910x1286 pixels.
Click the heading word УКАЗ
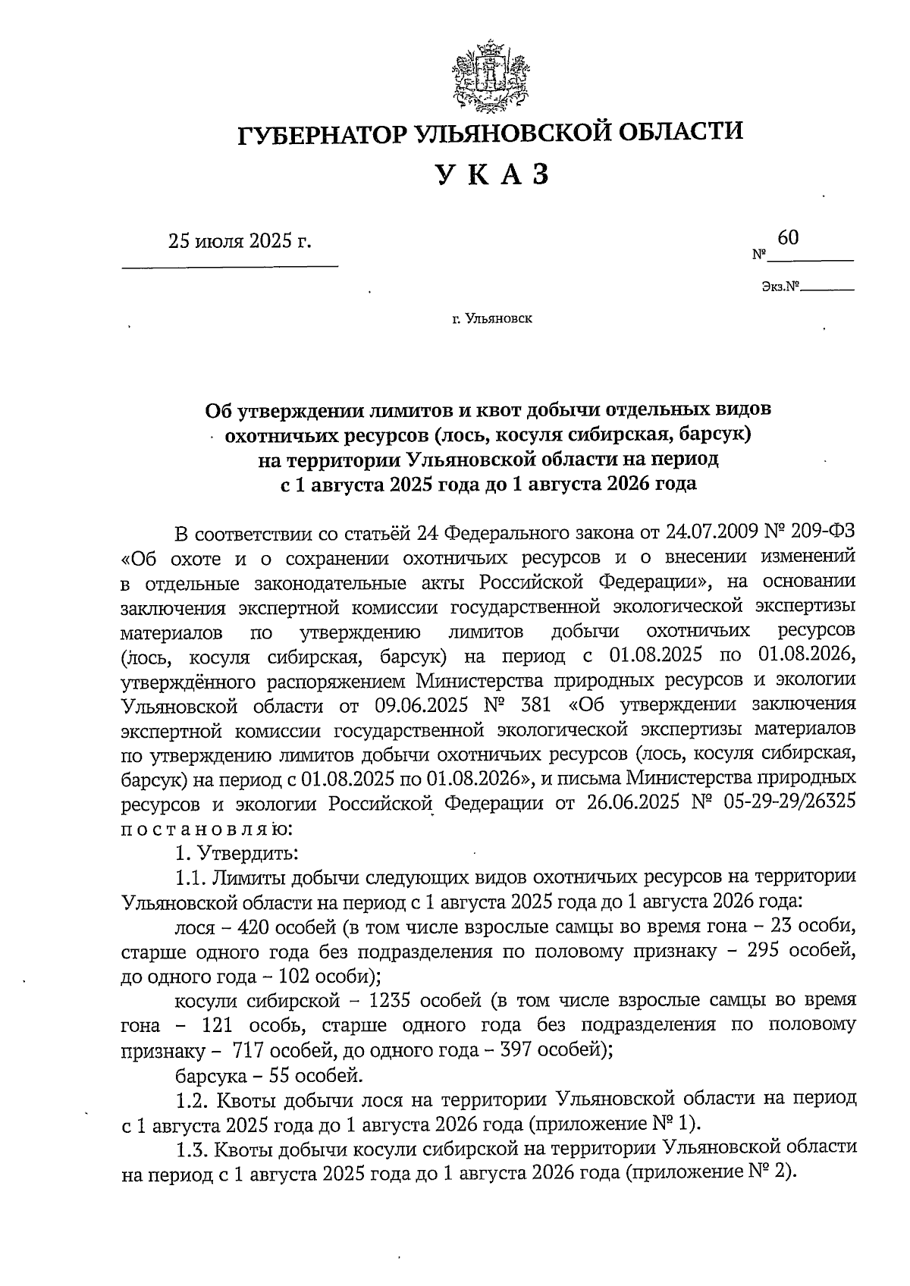coord(491,174)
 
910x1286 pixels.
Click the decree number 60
coord(788,238)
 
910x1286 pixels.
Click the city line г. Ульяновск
coord(492,318)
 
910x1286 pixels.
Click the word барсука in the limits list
coord(209,1074)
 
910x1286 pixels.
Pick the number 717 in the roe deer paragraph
coord(249,1050)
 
